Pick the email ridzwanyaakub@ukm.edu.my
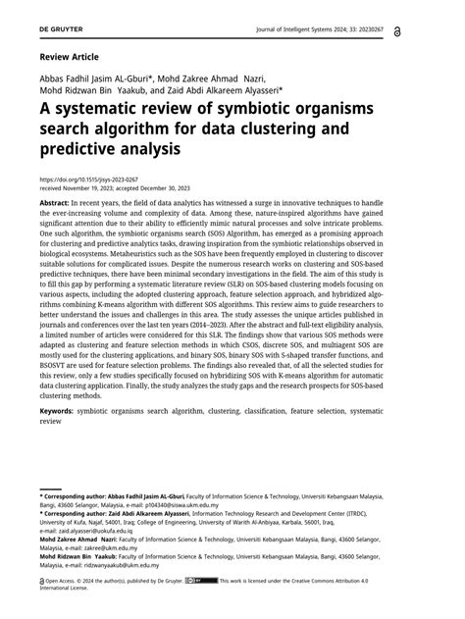coord(114,565)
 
